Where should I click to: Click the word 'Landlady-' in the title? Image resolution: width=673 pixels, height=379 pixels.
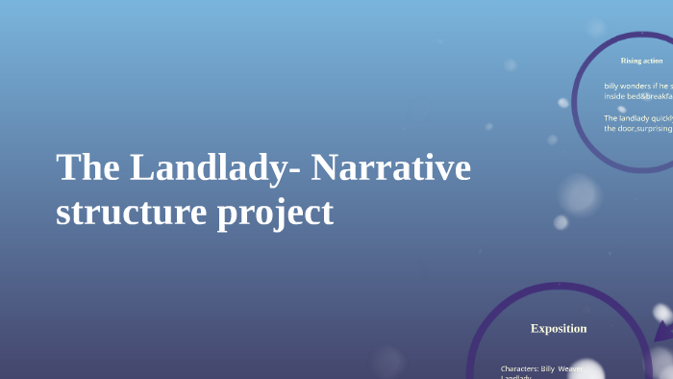click(x=212, y=168)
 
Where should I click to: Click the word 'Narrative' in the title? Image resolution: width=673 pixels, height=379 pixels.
click(x=391, y=168)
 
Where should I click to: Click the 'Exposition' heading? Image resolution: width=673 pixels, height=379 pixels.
click(x=559, y=329)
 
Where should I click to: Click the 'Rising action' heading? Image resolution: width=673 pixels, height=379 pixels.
click(x=641, y=61)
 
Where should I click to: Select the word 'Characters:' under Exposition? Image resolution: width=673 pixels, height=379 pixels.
click(x=519, y=368)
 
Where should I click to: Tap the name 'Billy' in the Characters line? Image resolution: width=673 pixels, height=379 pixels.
click(x=549, y=368)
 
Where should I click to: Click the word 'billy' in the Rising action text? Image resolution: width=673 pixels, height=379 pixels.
click(x=611, y=87)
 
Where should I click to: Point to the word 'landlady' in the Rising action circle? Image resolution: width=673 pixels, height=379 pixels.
click(x=634, y=118)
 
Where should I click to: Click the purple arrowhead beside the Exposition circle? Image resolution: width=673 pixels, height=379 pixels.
click(x=662, y=332)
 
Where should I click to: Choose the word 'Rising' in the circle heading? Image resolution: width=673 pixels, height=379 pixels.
click(x=631, y=61)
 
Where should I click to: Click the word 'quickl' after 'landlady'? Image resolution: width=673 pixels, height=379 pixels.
click(x=662, y=118)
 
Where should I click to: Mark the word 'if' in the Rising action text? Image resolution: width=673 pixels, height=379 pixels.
click(x=659, y=87)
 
